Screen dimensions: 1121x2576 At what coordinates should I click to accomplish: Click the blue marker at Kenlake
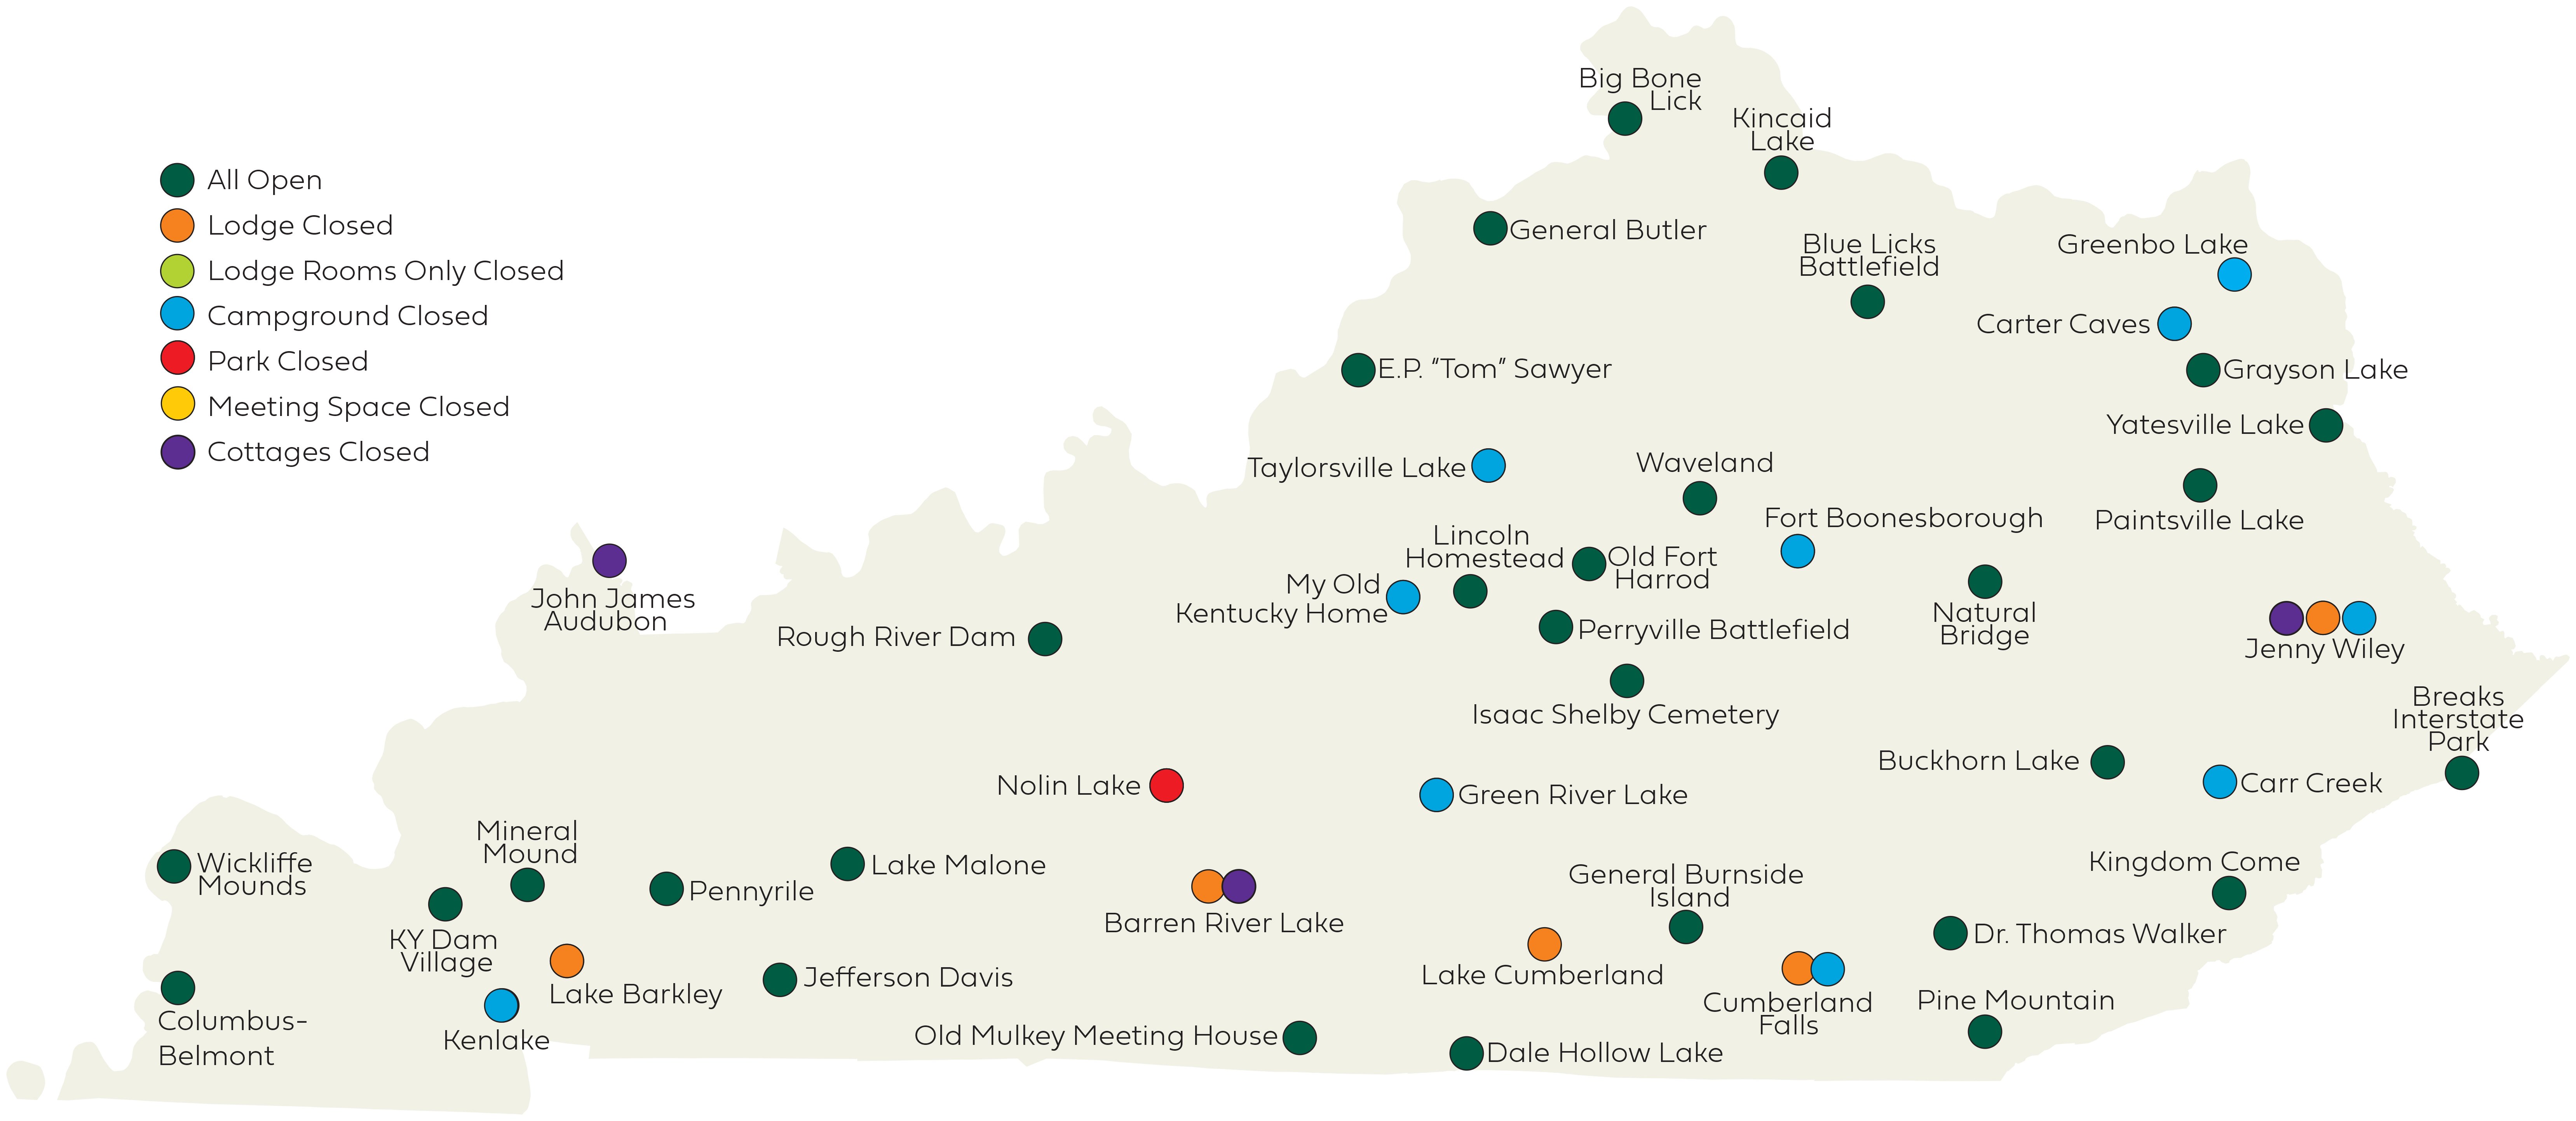[501, 1005]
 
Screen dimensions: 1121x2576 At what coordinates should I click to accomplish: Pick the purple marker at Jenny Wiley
[2286, 618]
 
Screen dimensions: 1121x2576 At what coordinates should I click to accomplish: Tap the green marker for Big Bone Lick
[1624, 119]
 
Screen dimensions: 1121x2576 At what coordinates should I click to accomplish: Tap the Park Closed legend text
[288, 361]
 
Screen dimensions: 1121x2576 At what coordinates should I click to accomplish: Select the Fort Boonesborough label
[1903, 518]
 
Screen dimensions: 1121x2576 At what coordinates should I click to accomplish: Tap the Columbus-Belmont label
[232, 1038]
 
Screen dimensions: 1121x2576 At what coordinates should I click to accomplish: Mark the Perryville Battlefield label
[1713, 630]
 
